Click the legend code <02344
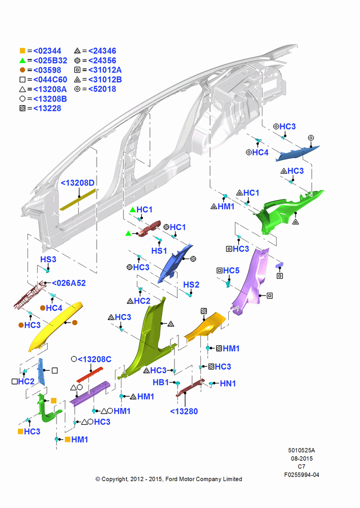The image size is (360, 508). [x=47, y=51]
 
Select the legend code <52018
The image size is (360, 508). [x=102, y=89]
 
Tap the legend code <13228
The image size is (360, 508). [x=47, y=108]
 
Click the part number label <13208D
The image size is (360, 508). [x=77, y=183]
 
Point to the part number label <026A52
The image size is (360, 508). [x=69, y=283]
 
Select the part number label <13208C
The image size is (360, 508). [x=95, y=359]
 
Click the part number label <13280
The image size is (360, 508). [x=184, y=411]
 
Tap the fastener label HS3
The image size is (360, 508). [x=48, y=259]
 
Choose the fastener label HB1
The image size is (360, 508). [x=161, y=383]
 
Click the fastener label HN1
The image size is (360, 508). [x=228, y=384]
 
